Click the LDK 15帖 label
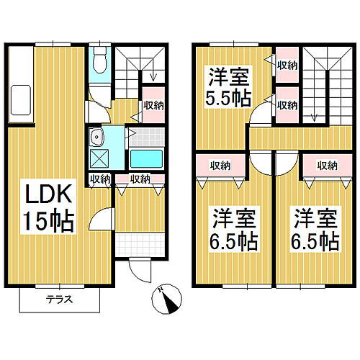pos(50,208)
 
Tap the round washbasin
pos(95,136)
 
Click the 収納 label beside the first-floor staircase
pos(153,105)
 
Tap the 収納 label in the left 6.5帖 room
pos(220,166)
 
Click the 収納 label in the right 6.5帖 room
pos(327,166)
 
